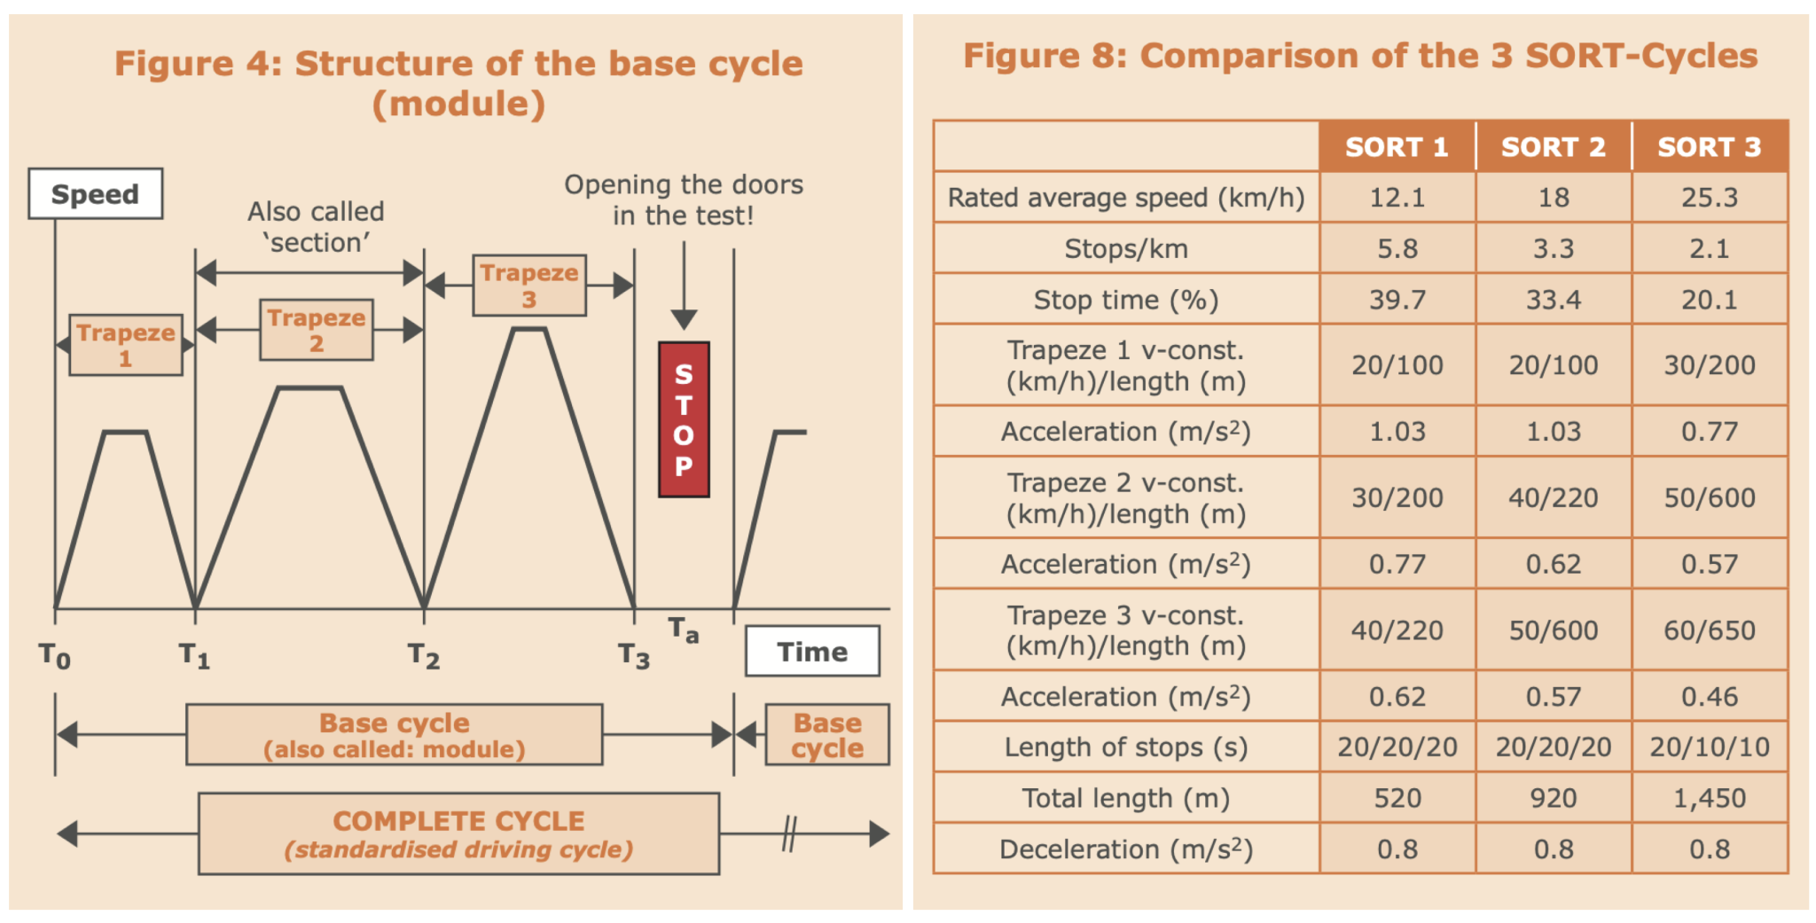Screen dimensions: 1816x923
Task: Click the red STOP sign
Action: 684,419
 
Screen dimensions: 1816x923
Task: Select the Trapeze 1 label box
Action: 126,345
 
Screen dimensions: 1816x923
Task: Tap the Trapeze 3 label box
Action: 529,286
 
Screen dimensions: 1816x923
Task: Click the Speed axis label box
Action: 96,193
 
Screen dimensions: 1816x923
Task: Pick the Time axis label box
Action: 812,652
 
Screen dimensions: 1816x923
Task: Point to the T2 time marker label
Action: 424,656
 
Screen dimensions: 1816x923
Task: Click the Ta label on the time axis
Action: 684,630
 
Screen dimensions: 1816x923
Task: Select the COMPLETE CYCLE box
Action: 458,833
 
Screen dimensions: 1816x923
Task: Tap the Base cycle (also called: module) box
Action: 395,735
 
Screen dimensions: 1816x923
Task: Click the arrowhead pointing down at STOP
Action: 684,319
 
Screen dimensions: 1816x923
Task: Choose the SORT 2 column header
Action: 1554,146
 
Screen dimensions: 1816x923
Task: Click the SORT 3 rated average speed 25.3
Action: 1710,197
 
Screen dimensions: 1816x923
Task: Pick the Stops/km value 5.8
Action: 1397,248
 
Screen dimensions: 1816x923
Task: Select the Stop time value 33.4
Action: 1554,300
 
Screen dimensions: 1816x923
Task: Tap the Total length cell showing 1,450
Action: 1710,798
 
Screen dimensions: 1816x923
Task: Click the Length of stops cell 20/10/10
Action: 1710,747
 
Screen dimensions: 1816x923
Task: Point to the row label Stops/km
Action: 1126,248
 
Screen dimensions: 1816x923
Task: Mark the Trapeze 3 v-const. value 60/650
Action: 1710,630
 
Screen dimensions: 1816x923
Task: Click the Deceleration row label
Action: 1126,849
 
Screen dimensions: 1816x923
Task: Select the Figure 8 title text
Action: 1360,56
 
